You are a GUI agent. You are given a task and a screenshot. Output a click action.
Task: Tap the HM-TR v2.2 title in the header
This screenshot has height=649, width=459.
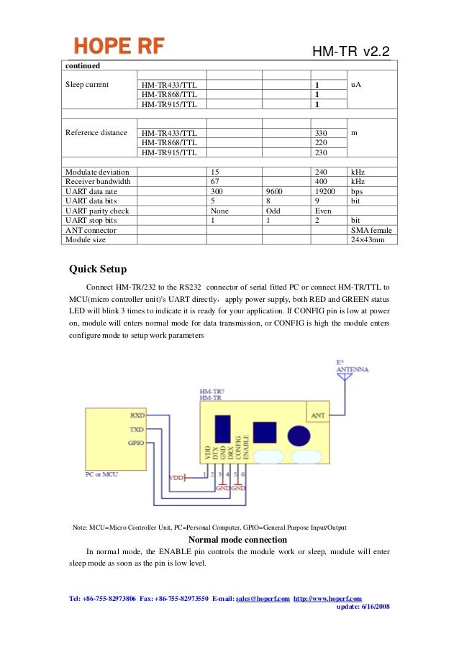click(x=351, y=52)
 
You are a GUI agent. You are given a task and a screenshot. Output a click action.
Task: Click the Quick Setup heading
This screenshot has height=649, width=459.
click(x=98, y=270)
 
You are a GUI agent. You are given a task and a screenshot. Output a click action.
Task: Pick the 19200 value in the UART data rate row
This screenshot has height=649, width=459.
click(x=326, y=193)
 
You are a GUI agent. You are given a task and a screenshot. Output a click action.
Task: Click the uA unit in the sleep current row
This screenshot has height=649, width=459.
click(x=356, y=84)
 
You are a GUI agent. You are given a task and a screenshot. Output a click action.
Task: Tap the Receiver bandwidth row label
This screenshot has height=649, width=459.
click(x=98, y=183)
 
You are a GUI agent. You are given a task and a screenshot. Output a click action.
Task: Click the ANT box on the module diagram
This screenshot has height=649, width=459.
click(x=317, y=415)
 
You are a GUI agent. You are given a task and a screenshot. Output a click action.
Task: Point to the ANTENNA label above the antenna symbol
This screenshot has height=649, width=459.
click(x=353, y=369)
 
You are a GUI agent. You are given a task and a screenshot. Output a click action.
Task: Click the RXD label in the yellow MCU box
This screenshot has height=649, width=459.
click(x=137, y=415)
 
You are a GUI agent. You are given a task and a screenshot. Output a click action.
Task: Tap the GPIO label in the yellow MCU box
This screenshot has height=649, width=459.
click(x=136, y=442)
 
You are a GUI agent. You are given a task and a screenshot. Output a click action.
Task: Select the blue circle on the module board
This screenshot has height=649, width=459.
click(x=299, y=436)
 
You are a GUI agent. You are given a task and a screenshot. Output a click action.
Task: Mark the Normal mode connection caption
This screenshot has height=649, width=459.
click(x=237, y=540)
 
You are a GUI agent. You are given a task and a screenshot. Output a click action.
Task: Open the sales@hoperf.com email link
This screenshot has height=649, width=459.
click(x=263, y=598)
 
